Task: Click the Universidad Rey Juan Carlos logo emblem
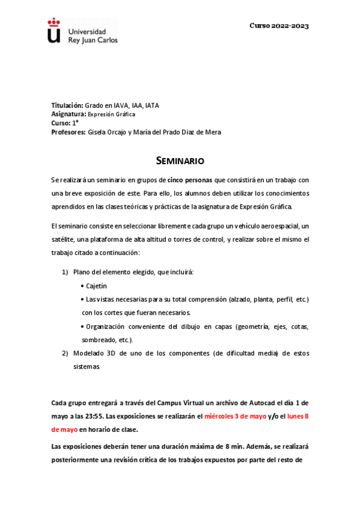pyautogui.click(x=55, y=31)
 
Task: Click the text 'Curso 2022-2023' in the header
pyautogui.click(x=279, y=26)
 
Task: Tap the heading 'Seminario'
pyautogui.click(x=180, y=161)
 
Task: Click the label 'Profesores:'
pyautogui.click(x=69, y=132)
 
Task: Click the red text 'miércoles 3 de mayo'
pyautogui.click(x=235, y=416)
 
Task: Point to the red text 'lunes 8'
pyautogui.click(x=298, y=416)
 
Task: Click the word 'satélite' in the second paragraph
pyautogui.click(x=64, y=239)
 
